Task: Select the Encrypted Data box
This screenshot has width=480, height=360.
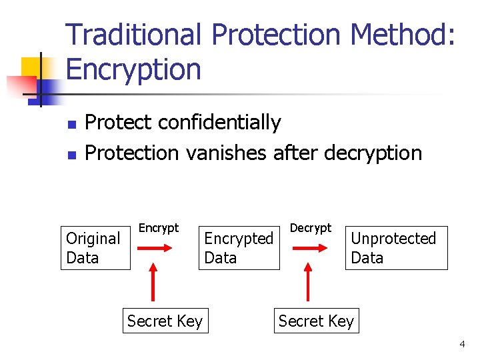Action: pyautogui.click(x=239, y=248)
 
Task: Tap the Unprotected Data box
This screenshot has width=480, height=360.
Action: pyautogui.click(x=396, y=248)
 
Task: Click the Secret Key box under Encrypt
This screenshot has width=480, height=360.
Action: pyautogui.click(x=165, y=321)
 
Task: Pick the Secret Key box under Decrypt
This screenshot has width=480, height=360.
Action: pyautogui.click(x=316, y=321)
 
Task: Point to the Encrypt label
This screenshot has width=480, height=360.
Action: pyautogui.click(x=159, y=228)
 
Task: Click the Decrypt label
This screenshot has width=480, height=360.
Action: pyautogui.click(x=311, y=228)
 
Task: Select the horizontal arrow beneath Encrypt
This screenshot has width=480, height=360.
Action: pyautogui.click(x=156, y=248)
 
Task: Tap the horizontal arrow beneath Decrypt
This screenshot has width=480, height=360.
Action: pyautogui.click(x=308, y=248)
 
